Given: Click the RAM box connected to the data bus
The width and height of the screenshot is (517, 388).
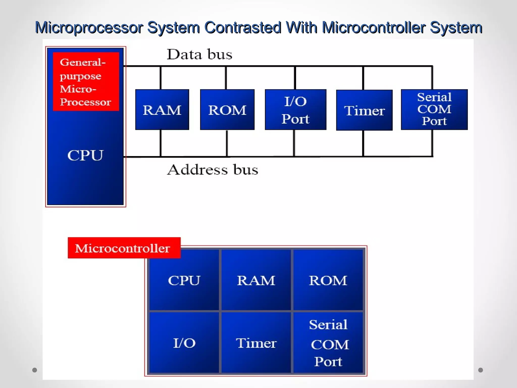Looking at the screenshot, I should [162, 110].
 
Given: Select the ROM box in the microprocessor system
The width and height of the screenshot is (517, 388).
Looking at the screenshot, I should [227, 110].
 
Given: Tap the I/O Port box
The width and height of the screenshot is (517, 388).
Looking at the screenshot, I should [295, 110].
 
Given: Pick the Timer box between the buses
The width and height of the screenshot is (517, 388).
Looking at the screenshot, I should [364, 110].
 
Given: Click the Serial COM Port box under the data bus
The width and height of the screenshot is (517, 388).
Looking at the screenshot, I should [434, 109].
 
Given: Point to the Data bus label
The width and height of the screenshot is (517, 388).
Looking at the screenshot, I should [199, 54].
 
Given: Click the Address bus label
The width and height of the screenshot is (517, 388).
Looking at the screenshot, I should [213, 169].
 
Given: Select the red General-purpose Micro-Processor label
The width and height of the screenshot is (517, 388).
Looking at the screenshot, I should [86, 82].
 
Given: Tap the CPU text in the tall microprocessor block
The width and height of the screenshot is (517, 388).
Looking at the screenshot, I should [85, 155].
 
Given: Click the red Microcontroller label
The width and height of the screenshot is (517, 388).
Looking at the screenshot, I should [124, 248].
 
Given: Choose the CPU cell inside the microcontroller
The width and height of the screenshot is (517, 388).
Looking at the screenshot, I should [184, 280].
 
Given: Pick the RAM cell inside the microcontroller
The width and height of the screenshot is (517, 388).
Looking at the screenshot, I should [256, 280].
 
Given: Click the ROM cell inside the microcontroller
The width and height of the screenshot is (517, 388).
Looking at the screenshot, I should [328, 280].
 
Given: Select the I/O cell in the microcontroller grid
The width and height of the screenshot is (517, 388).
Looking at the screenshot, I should [184, 343].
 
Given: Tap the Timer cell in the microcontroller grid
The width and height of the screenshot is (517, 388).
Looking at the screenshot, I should [256, 343].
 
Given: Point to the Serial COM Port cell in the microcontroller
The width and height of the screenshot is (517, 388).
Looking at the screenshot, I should [328, 343].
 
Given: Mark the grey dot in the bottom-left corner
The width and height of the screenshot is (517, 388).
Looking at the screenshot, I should [35, 370].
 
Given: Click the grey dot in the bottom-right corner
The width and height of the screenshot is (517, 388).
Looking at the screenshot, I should [481, 370].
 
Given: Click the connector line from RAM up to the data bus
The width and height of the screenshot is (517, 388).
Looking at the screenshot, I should [161, 78].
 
